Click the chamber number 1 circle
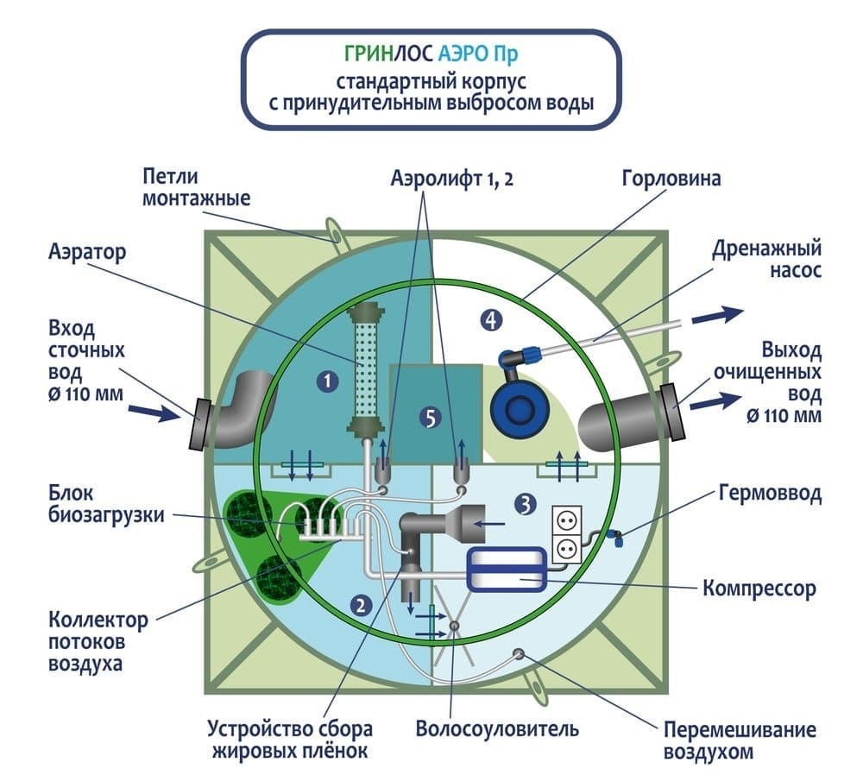[x=328, y=381]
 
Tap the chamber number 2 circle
[x=361, y=606]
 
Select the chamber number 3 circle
[x=525, y=504]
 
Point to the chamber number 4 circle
[x=491, y=320]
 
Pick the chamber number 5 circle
[x=431, y=419]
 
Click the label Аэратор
[x=87, y=252]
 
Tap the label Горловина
[x=671, y=179]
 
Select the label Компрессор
[x=759, y=589]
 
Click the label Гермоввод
[x=770, y=494]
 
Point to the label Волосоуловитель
[x=497, y=728]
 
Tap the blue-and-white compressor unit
[x=507, y=570]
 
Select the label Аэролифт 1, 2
[x=452, y=179]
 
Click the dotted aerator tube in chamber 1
[x=365, y=368]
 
